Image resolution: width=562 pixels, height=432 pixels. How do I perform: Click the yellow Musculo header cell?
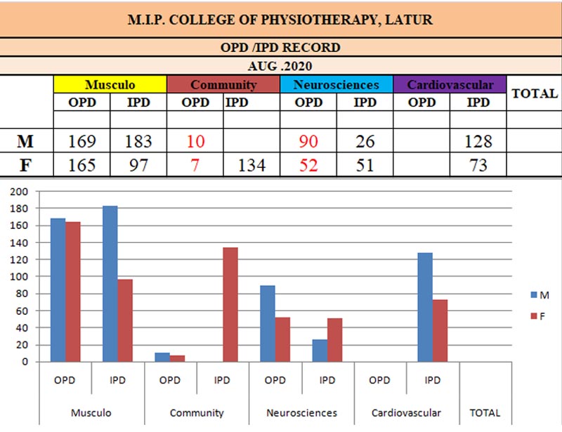click(110, 85)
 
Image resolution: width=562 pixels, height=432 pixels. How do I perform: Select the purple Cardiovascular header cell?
click(450, 85)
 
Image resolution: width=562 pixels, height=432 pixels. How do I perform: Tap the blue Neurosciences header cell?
click(336, 85)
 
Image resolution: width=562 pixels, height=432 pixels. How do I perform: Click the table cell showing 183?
click(138, 141)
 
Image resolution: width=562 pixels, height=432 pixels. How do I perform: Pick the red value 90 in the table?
click(308, 141)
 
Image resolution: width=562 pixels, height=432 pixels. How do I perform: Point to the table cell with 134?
click(251, 166)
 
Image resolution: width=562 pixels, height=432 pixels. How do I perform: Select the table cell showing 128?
click(478, 141)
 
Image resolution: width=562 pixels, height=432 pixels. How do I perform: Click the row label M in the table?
click(26, 141)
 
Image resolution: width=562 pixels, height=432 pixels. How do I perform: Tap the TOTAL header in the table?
click(534, 93)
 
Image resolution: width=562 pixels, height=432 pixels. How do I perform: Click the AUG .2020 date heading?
click(281, 65)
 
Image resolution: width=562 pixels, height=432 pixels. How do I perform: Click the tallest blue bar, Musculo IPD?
click(110, 284)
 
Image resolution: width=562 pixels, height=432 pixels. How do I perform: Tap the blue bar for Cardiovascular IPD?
click(424, 307)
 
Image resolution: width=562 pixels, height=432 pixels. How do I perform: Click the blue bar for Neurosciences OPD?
click(267, 323)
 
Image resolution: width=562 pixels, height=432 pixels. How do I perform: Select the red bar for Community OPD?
click(178, 358)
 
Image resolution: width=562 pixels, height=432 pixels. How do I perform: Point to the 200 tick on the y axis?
click(20, 192)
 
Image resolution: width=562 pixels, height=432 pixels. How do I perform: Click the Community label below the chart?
click(197, 413)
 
